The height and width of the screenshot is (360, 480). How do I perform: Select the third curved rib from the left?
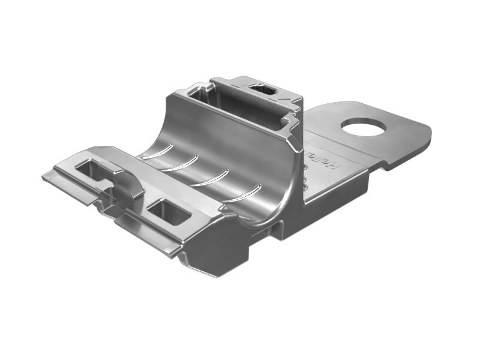[x=211, y=178]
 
